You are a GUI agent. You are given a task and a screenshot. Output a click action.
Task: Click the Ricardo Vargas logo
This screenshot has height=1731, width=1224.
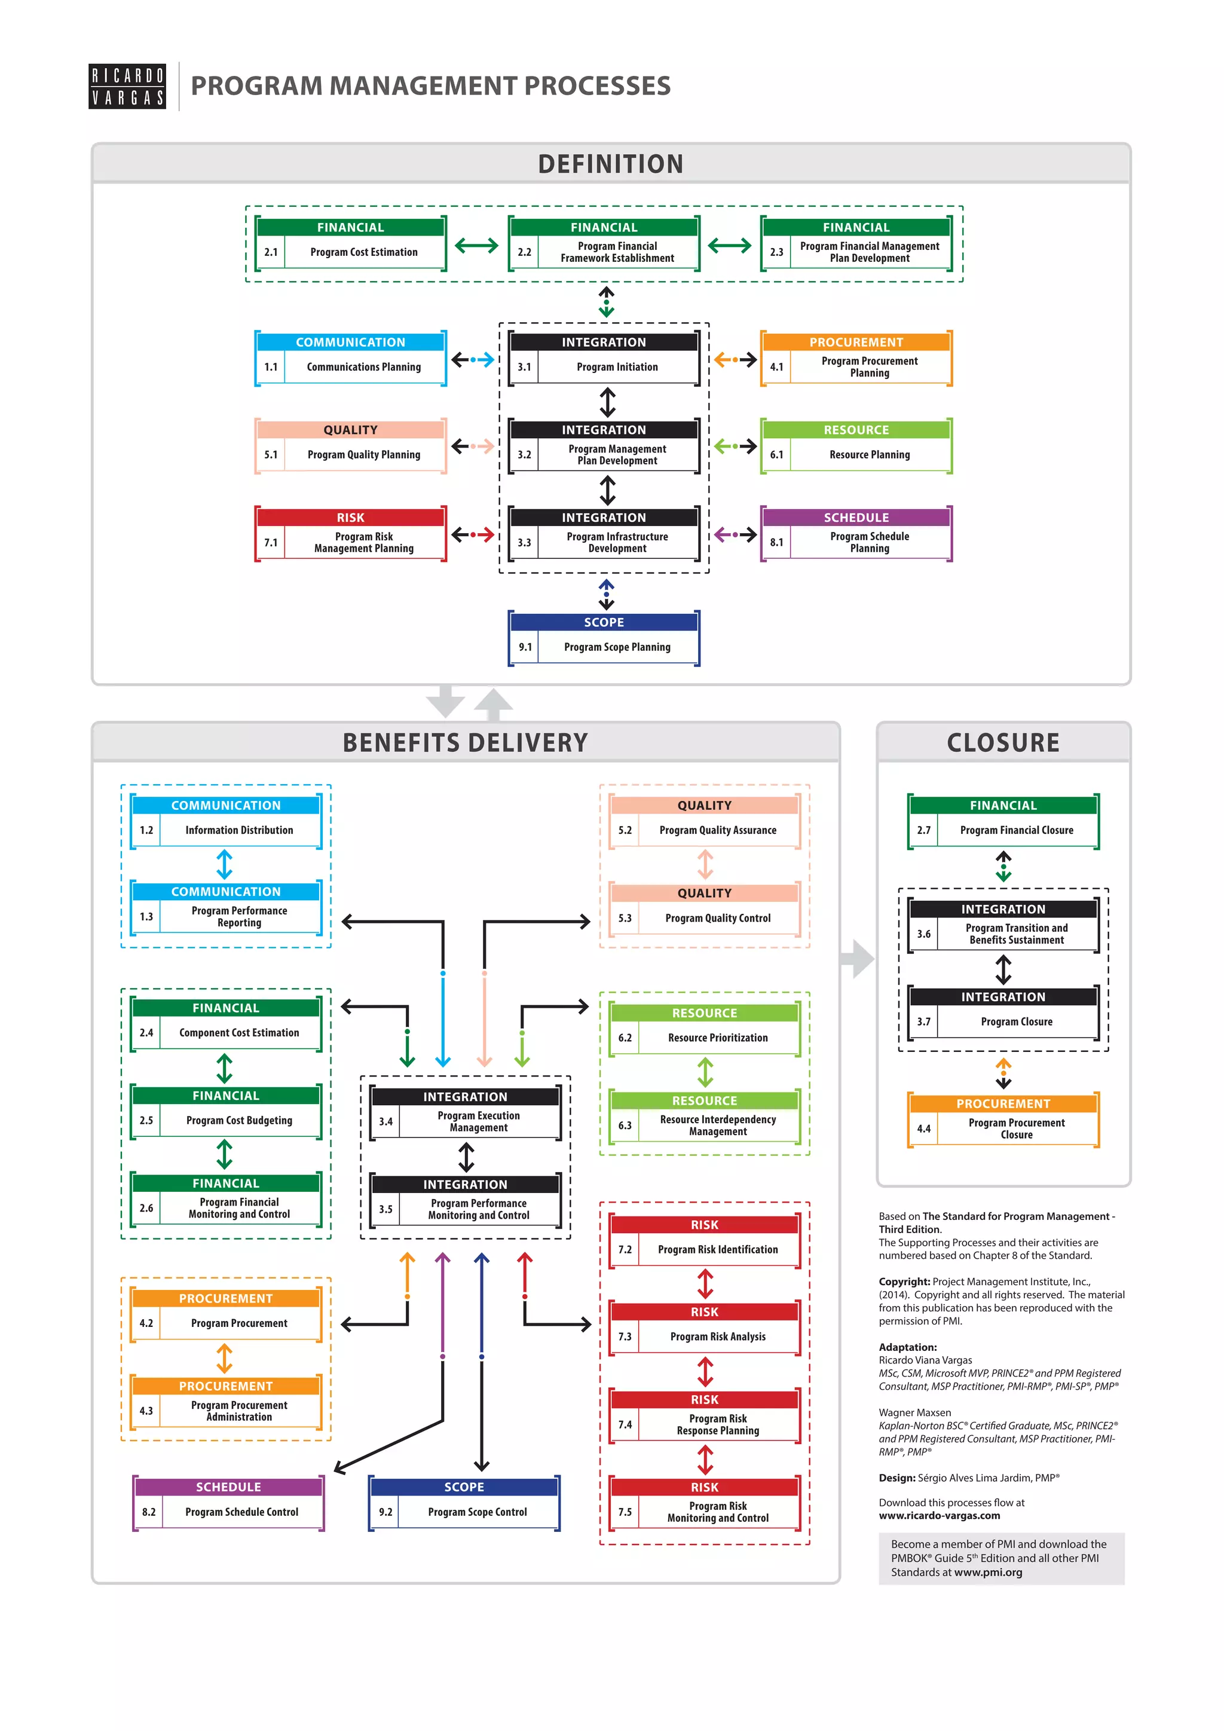(127, 87)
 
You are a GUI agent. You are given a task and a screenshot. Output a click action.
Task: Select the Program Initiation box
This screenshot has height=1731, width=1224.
(604, 359)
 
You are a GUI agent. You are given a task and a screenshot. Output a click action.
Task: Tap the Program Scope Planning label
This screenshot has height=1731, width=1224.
(617, 647)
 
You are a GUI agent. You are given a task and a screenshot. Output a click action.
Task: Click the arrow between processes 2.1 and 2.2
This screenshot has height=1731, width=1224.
(476, 245)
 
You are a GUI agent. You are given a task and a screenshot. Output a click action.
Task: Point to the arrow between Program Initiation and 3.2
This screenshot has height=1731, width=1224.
(607, 402)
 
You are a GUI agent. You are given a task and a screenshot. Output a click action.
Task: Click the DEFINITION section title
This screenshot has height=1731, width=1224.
(610, 164)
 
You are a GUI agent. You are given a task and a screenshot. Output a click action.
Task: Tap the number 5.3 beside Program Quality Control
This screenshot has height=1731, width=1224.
(625, 918)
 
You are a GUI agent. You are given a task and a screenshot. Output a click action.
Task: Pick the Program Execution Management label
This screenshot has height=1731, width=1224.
(479, 1122)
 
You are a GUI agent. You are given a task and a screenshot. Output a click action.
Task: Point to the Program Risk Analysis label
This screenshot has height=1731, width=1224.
(718, 1337)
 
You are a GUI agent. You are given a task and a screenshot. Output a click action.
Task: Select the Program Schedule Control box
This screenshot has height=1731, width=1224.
(228, 1504)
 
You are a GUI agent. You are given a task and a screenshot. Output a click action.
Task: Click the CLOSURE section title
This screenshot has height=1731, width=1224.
(1003, 742)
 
